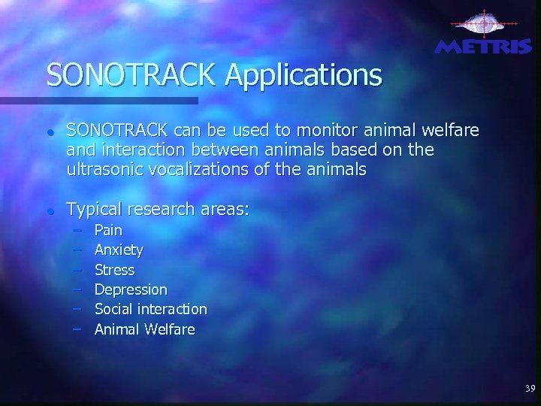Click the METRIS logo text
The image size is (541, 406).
pos(484,47)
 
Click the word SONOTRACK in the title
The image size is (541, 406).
pos(131,74)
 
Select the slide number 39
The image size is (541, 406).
pos(530,389)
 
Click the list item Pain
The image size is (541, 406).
pos(108,230)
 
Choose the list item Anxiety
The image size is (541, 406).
pos(119,250)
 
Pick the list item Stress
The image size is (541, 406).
pos(114,269)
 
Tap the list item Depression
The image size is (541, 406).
pos(131,289)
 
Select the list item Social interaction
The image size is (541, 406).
pos(150,309)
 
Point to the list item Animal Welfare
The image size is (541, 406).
pos(144,329)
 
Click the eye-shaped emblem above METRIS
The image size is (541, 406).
pos(483,23)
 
